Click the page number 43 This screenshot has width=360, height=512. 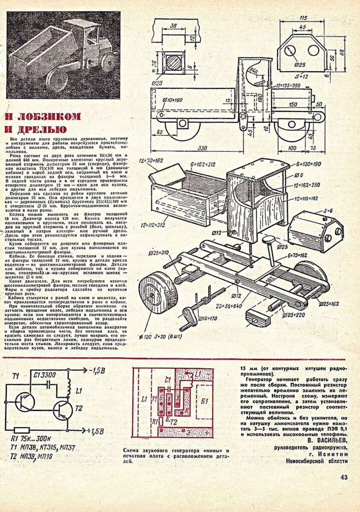tap(345, 477)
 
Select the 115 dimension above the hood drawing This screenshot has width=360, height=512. tap(303, 19)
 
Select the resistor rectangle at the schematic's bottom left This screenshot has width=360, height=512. tap(21, 430)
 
